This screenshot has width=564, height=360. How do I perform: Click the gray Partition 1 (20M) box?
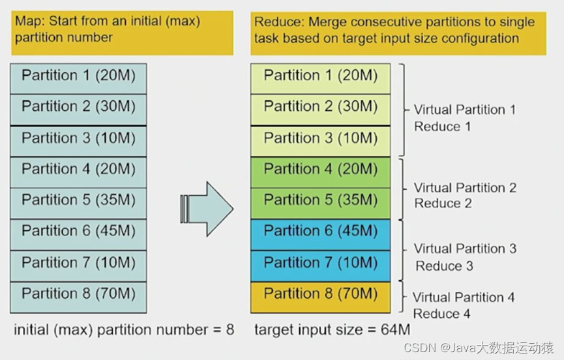pos(78,79)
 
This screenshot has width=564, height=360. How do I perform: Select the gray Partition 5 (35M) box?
pos(78,203)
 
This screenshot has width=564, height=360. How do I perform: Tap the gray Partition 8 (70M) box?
pos(78,297)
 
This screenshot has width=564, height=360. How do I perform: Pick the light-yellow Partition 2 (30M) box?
pos(321,110)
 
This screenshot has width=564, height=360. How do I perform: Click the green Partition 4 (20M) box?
pos(321,172)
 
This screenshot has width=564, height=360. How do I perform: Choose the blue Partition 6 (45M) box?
pos(321,235)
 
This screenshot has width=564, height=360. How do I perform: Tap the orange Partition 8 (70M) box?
pos(321,297)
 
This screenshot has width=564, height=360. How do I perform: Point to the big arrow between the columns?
pos(207,209)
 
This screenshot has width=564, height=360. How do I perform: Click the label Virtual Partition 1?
pos(465,110)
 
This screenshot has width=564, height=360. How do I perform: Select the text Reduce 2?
pos(443,203)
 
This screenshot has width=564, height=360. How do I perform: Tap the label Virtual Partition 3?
pos(465,248)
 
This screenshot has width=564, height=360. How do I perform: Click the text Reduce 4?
pos(441,314)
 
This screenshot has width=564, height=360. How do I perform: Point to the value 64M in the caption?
pos(395,329)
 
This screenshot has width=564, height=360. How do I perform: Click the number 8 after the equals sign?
pos(230,329)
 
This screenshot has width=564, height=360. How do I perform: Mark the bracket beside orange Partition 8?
pos(402,297)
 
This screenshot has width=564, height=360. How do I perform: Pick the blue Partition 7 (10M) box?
pos(321,266)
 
